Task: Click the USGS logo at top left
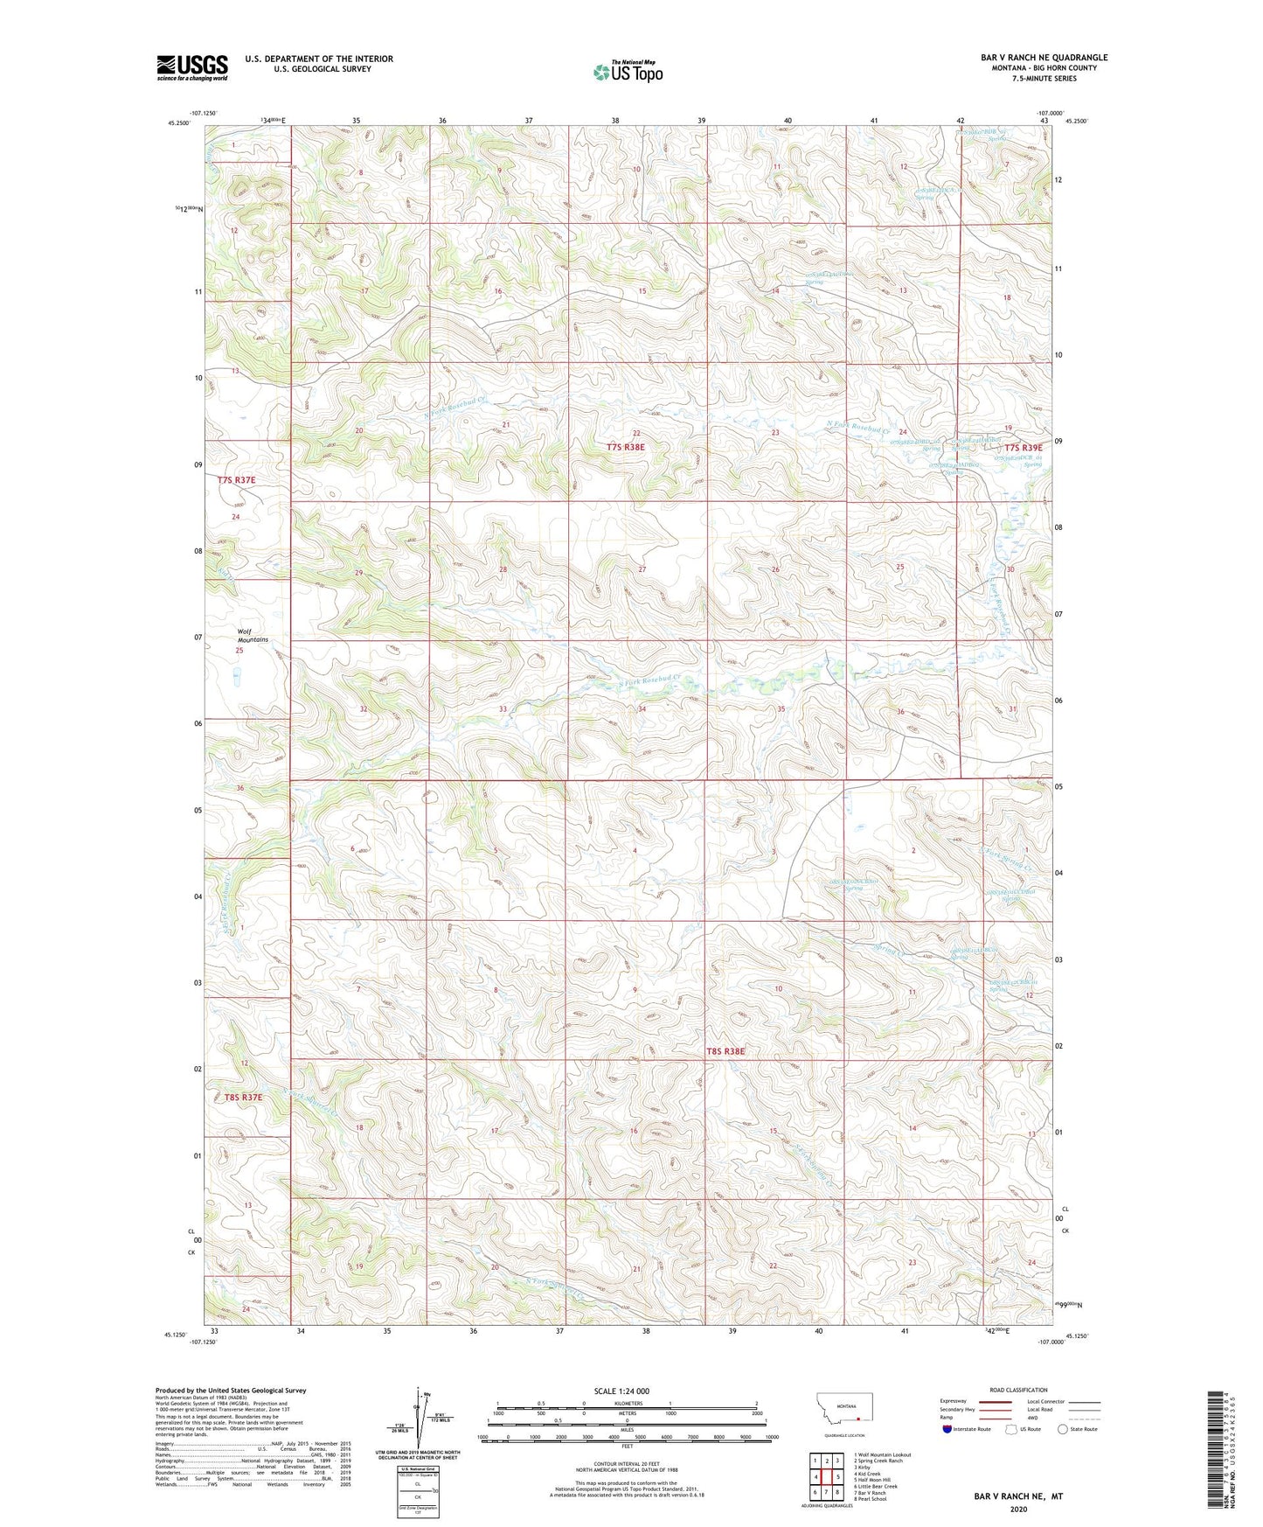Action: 191,67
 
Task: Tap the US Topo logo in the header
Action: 627,72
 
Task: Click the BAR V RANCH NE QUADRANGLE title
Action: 1044,58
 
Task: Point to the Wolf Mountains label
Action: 253,635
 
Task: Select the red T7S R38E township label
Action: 625,447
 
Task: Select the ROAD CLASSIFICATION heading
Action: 1018,1390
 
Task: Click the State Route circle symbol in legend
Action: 1063,1429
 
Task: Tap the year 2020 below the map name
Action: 1018,1509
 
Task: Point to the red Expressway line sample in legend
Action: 996,1401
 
